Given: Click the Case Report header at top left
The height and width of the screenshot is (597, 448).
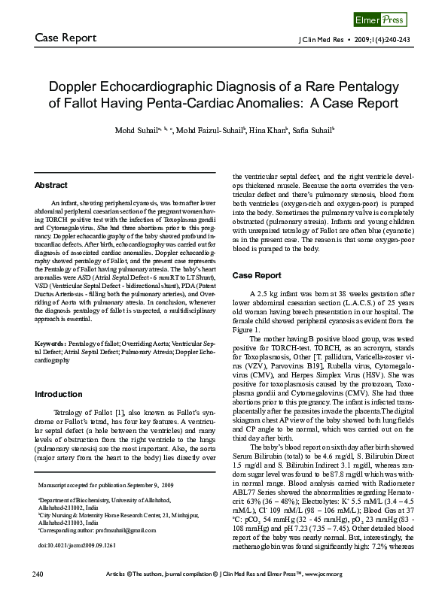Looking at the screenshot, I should point(66,38).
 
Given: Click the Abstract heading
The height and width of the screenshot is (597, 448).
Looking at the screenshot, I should point(51,185).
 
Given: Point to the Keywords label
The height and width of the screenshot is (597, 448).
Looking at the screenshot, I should point(50,344).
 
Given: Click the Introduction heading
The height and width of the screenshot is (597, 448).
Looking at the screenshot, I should point(59,394).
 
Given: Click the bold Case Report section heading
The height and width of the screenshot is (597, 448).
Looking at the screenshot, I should point(257,275).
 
